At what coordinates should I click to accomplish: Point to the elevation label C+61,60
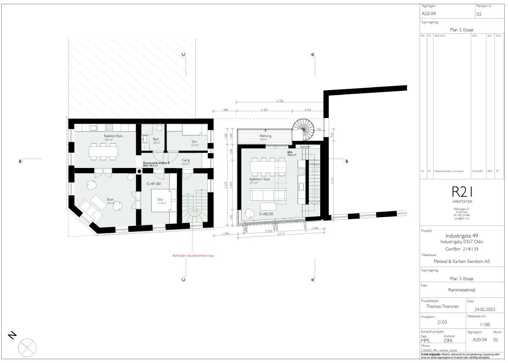click(154, 184)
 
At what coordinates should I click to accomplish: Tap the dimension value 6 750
click(280, 102)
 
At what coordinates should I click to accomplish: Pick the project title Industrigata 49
click(461, 236)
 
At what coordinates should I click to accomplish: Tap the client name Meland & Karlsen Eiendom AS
click(461, 261)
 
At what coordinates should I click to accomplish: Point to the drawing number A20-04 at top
click(428, 14)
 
